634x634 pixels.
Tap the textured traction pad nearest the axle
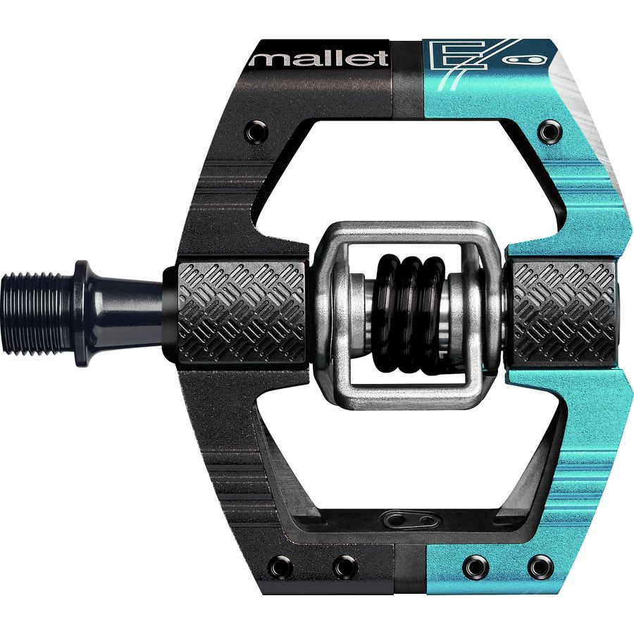[241, 313]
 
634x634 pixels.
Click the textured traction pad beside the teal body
[564, 313]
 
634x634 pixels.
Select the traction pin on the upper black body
[256, 132]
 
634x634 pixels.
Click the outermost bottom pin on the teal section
[540, 566]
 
